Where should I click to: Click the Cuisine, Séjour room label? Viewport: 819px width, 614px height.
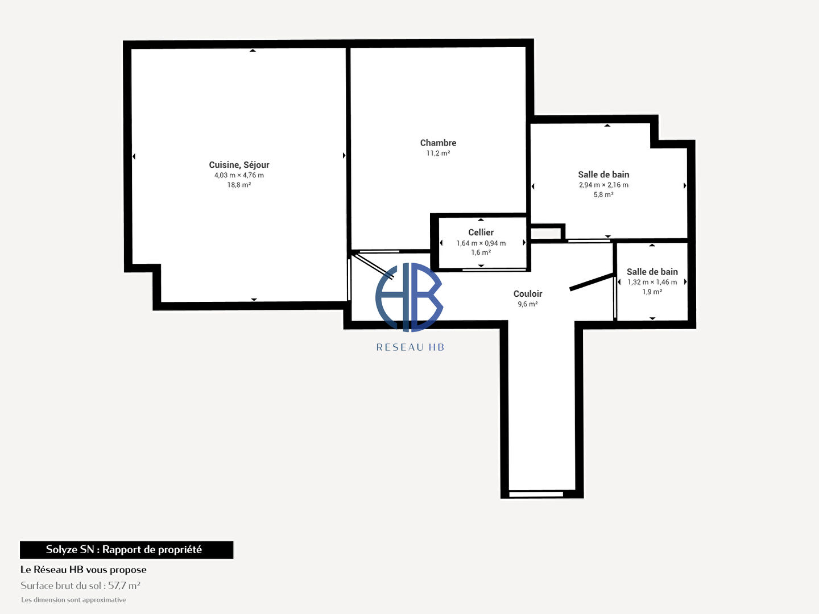coord(239,165)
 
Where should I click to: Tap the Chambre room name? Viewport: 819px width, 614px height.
coord(438,143)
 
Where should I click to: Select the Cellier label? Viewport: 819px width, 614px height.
coord(481,233)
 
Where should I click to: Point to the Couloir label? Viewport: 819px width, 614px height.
coord(528,294)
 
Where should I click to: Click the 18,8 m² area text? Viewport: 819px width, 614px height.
coord(239,185)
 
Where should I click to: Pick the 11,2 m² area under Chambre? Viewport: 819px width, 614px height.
coord(438,153)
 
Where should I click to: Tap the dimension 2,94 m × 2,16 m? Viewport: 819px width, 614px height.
coord(603,185)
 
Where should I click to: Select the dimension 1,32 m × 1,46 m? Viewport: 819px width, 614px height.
coord(652,282)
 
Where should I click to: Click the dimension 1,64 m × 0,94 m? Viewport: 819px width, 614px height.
coord(481,243)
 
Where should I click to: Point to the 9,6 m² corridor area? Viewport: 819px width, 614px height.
coord(528,304)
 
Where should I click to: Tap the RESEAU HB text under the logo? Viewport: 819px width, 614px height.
coord(410,347)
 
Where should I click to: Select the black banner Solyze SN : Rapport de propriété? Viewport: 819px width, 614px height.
coord(126,550)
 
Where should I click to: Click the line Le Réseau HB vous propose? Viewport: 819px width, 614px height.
coord(84,570)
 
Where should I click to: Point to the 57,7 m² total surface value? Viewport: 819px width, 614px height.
coord(124,586)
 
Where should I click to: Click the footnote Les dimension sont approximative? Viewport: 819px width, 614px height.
coord(73,600)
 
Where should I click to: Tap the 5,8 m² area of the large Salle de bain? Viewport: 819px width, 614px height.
coord(603,194)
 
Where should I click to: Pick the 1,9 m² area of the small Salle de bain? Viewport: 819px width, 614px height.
coord(652,292)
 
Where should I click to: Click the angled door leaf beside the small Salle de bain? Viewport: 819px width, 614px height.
coord(591,282)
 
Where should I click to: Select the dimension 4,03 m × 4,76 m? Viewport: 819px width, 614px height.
coord(239,175)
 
